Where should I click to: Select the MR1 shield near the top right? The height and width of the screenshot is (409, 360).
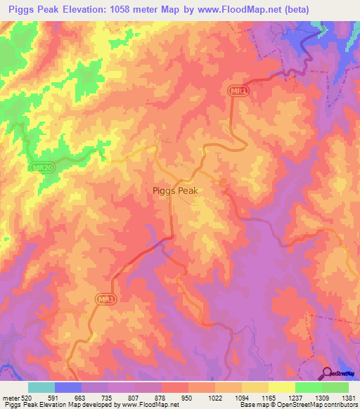pos(239,91)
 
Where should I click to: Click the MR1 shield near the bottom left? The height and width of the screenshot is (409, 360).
pos(103,299)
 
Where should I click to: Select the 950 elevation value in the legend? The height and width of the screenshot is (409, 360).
pos(187,399)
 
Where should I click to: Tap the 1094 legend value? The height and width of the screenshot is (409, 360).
pos(240,399)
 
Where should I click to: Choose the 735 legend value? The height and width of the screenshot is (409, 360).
pos(107,399)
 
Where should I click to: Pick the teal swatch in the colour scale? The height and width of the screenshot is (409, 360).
pos(41,387)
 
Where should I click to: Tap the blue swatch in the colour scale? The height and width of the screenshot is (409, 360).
pos(68,387)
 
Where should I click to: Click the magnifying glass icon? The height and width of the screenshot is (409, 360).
pos(328,373)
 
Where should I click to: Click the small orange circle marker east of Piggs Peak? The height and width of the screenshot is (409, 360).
pos(223,184)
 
